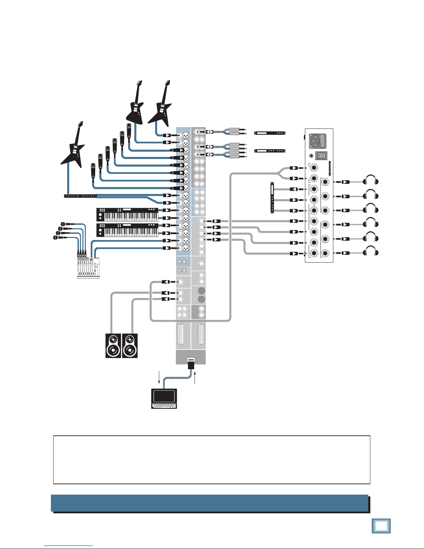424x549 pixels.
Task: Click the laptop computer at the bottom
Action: coord(164,399)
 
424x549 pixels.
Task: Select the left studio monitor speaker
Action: coord(113,346)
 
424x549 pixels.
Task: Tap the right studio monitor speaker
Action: coord(130,346)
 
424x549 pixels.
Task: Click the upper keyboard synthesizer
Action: coord(127,215)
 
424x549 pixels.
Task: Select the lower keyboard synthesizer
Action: coord(127,230)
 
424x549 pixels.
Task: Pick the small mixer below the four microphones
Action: coord(88,268)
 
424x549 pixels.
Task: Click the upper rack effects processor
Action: coord(270,133)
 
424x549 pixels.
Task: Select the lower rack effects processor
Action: coord(270,151)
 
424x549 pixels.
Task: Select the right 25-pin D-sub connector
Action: coord(201,334)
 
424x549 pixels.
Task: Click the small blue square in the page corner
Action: coord(381,525)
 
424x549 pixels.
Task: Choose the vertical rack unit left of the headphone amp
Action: coord(272,197)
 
